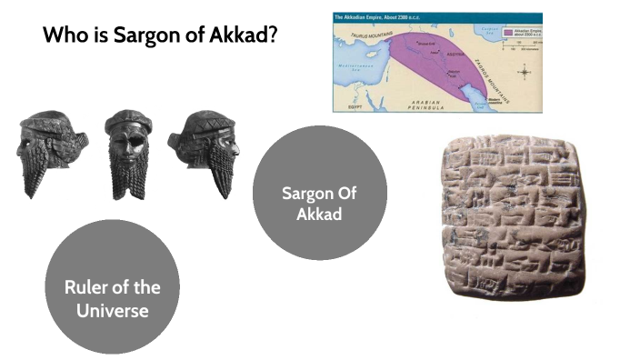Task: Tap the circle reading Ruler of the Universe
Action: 112,286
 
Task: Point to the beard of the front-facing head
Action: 129,177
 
